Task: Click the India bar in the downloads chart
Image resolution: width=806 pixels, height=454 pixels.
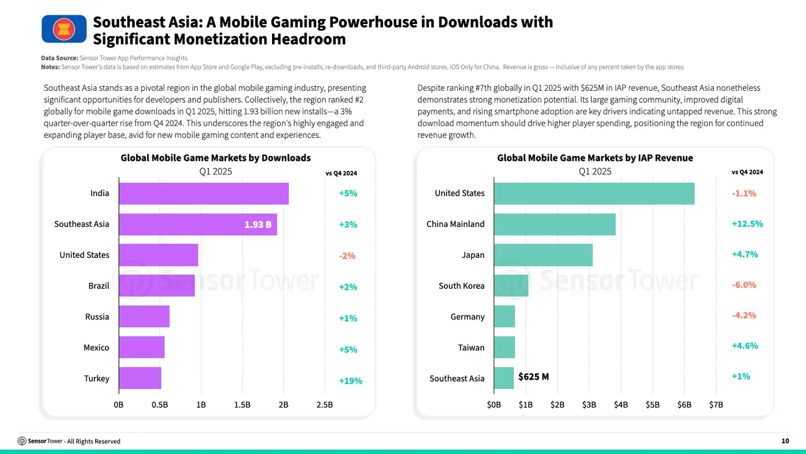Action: click(x=203, y=194)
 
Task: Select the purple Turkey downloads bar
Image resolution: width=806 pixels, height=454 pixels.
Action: click(x=140, y=378)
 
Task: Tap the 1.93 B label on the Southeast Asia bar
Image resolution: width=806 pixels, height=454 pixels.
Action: click(x=258, y=224)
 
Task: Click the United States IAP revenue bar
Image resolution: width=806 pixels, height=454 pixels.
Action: click(x=594, y=194)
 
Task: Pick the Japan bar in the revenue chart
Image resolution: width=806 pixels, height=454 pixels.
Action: click(x=543, y=255)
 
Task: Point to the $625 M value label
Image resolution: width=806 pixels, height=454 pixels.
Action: click(x=533, y=377)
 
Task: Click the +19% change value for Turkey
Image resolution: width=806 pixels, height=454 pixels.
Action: click(x=350, y=381)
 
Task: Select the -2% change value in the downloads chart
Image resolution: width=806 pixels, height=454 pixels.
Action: click(x=347, y=256)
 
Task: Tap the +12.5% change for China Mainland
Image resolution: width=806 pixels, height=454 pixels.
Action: click(x=747, y=224)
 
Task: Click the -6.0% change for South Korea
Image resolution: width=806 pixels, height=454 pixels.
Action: click(x=744, y=285)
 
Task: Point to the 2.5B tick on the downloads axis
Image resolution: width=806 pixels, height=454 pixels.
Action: click(x=324, y=405)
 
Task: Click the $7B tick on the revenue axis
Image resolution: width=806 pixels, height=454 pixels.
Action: click(x=716, y=405)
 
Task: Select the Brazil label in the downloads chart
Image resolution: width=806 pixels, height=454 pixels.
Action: click(x=99, y=286)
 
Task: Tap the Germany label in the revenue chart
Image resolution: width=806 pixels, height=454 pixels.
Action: click(x=467, y=317)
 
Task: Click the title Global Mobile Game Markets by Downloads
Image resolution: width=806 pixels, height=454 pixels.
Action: click(x=215, y=158)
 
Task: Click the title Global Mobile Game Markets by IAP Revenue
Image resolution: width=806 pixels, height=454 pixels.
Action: click(x=594, y=158)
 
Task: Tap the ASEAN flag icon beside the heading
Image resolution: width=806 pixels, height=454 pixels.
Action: click(x=64, y=29)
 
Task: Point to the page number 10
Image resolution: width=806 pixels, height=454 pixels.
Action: click(x=785, y=441)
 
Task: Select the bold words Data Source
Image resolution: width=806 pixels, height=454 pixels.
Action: click(x=59, y=58)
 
